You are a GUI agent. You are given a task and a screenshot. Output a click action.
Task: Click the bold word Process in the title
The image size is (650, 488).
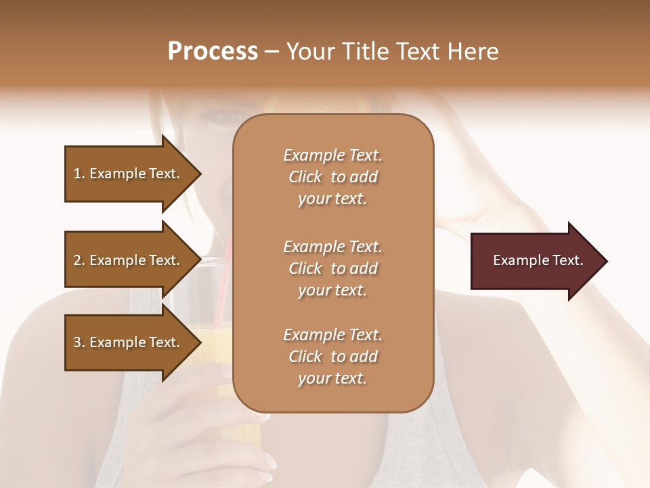[x=213, y=52]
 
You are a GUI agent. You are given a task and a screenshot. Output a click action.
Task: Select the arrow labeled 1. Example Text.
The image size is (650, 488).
[x=129, y=174]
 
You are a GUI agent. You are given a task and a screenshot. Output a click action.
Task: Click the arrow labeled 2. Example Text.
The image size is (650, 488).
[x=129, y=260]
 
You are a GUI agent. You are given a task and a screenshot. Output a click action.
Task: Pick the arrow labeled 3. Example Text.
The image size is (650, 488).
[x=129, y=342]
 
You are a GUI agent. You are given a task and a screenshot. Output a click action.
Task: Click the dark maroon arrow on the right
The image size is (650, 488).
[x=535, y=261]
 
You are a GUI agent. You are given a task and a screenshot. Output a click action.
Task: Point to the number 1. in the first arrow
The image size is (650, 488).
[x=79, y=174]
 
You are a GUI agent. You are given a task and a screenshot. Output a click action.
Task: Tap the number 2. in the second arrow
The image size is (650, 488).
[x=79, y=260]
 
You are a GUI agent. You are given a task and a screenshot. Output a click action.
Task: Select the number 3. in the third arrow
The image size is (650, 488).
[x=79, y=342]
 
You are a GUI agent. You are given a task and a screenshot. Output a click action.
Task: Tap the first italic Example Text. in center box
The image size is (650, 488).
[x=332, y=155]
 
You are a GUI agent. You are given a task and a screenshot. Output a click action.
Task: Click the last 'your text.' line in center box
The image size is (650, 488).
[x=332, y=378]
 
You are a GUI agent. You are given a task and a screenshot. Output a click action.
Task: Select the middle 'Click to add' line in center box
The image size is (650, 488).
[x=332, y=268]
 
